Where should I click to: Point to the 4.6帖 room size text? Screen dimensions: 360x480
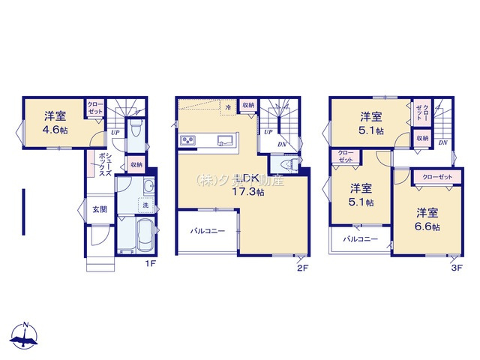point(54,129)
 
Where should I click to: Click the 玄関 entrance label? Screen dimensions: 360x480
point(100,210)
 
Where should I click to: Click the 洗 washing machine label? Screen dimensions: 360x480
point(146,205)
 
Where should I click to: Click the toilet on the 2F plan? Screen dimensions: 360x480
point(285,165)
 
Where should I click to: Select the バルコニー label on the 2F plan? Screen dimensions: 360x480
point(208,232)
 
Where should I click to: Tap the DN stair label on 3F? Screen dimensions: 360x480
point(443,142)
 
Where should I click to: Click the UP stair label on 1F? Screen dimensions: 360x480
point(115,133)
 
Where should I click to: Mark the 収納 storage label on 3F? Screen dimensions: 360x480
point(421,139)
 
